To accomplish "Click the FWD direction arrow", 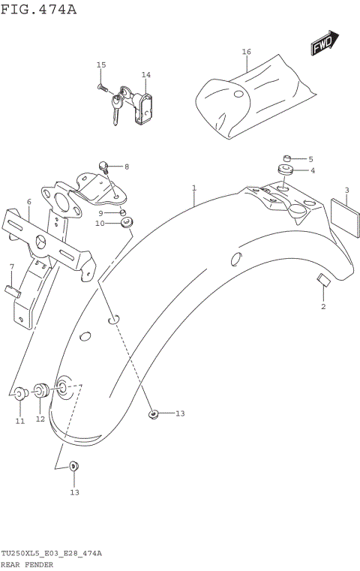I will (325, 44).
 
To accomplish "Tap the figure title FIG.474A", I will (38, 9).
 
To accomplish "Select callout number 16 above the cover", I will (246, 52).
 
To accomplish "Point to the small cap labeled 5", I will (286, 158).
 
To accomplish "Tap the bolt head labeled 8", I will (104, 165).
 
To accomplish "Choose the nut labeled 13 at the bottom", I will (73, 466).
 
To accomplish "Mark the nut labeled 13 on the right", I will (153, 413).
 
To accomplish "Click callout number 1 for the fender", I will (193, 188).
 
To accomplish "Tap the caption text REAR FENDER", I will (27, 564).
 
